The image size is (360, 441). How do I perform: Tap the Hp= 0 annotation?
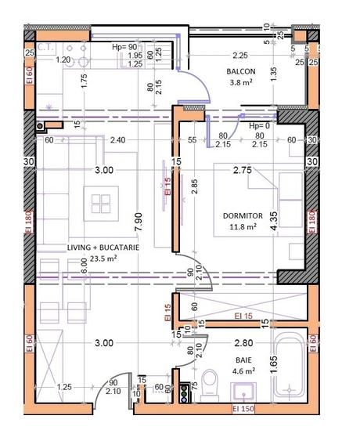point(259,126)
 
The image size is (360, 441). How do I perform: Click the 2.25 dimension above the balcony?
point(239,56)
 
